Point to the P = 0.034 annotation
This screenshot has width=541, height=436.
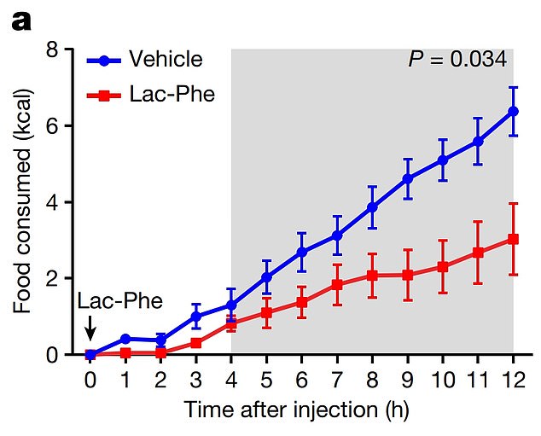coord(457,60)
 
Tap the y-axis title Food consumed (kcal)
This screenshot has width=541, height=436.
coord(22,202)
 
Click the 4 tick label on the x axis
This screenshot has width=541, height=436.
coord(231,376)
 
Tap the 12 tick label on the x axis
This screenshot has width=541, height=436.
coord(513,376)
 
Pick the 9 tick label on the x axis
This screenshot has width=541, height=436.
coord(408,376)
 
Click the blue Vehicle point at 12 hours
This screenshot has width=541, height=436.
coord(513,111)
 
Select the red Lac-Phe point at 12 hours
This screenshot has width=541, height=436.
coord(513,239)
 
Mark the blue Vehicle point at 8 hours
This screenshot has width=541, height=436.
coord(372,207)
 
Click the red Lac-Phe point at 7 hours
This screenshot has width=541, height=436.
coord(337,284)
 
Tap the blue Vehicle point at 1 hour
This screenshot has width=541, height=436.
coord(125,339)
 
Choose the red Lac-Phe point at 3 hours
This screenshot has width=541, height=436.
coord(196,343)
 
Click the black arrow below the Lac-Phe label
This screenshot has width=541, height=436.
coord(91,328)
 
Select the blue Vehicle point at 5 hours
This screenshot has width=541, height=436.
coord(266,277)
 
